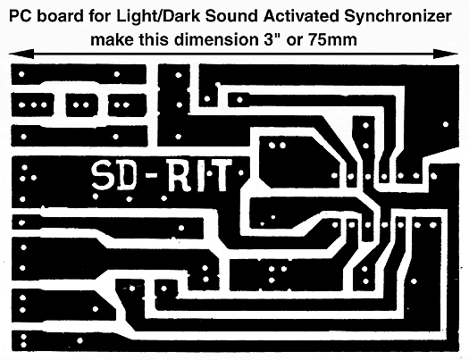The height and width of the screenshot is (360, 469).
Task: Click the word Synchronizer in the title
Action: (398, 17)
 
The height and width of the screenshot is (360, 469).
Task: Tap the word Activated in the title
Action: (302, 16)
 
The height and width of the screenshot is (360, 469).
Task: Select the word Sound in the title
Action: (230, 16)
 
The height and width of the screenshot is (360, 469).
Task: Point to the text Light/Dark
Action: (157, 17)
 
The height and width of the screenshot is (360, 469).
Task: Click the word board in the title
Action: (61, 16)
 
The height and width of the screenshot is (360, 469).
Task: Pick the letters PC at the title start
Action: (21, 16)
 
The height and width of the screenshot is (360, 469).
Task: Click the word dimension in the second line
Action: (214, 39)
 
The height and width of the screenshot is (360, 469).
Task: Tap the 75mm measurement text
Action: (332, 39)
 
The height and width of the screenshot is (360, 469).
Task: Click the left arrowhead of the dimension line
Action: (21, 54)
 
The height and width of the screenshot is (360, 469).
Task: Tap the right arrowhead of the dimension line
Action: (446, 54)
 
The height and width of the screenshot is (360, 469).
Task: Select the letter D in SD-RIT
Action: (127, 176)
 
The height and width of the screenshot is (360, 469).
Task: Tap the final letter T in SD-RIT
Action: (222, 175)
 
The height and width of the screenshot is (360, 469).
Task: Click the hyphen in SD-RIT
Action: (152, 176)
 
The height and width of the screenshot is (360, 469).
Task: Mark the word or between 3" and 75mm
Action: (294, 41)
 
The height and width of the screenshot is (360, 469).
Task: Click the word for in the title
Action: (100, 16)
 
